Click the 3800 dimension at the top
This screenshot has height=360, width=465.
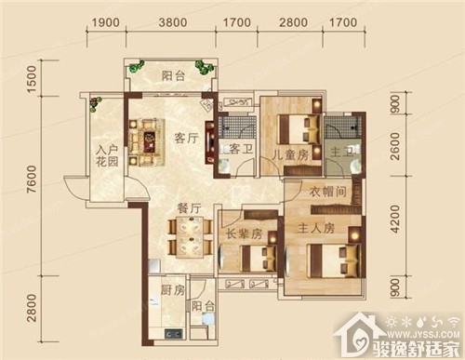tap(173, 22)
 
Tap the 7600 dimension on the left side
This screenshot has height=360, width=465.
tap(32, 179)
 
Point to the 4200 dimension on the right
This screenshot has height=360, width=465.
tap(395, 219)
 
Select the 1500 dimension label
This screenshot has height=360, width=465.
tap(32, 79)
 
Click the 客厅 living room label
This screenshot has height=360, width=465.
tap(186, 138)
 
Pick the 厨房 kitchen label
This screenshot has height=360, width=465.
tap(173, 290)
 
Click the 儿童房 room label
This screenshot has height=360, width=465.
tap(290, 155)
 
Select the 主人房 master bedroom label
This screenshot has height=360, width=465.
tap(316, 229)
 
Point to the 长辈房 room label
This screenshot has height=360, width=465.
tap(244, 234)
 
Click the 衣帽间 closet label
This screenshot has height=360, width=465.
tap(328, 192)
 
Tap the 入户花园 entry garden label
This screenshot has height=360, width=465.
tap(107, 156)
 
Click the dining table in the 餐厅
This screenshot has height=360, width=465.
tap(190, 237)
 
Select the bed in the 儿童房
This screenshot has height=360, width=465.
tap(299, 129)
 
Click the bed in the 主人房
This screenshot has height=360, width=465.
tap(333, 260)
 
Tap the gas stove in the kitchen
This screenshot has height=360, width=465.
tap(174, 334)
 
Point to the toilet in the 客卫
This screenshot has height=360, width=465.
tap(223, 165)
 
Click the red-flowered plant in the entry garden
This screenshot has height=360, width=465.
tap(96, 103)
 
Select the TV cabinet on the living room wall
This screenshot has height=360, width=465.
tap(210, 142)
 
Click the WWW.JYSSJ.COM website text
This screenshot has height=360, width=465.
tap(423, 334)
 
